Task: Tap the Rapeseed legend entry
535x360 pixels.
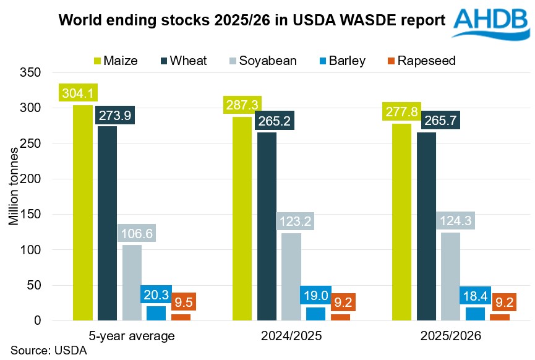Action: click(x=421, y=61)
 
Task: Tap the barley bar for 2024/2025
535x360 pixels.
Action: click(x=315, y=314)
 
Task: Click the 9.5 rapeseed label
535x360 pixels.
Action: click(x=184, y=302)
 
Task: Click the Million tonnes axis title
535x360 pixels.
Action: click(x=14, y=197)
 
